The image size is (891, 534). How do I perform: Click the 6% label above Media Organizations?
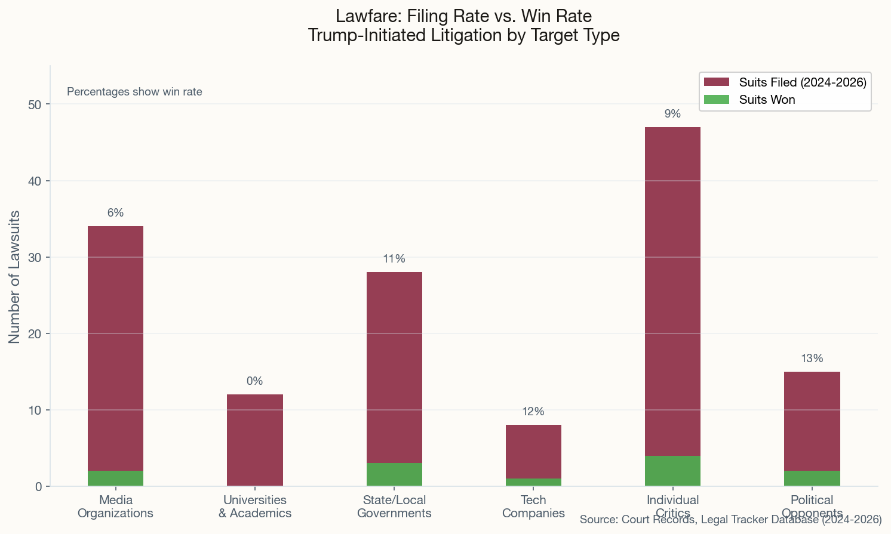click(x=115, y=213)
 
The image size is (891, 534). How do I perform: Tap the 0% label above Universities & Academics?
click(x=254, y=381)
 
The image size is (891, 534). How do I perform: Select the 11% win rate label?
click(x=394, y=259)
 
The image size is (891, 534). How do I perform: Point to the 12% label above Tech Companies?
click(x=533, y=412)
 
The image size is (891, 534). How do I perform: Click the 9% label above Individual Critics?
click(x=672, y=114)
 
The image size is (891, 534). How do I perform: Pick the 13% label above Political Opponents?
click(x=812, y=359)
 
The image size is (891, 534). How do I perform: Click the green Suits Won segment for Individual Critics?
click(x=672, y=471)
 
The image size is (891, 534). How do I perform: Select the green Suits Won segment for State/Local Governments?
click(x=394, y=475)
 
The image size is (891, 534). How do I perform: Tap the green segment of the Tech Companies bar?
click(x=533, y=482)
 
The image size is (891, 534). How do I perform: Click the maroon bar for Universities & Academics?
click(x=255, y=440)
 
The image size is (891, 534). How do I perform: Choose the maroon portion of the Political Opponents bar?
click(x=812, y=421)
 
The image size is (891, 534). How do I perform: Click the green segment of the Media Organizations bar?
click(x=115, y=479)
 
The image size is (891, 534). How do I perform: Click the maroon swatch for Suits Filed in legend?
click(x=717, y=82)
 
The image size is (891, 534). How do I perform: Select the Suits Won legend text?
click(x=767, y=100)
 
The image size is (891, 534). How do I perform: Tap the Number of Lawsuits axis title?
click(x=14, y=276)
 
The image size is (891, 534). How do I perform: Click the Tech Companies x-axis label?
click(x=533, y=507)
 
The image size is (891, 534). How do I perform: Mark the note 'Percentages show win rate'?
click(x=134, y=92)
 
